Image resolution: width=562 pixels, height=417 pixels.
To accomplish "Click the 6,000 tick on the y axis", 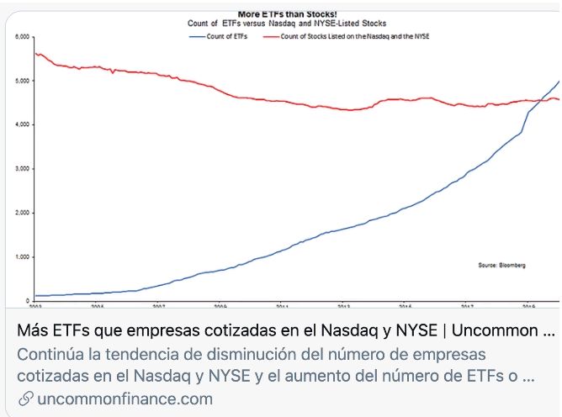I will point(22,37).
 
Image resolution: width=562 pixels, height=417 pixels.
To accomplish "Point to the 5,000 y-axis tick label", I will point(22,81).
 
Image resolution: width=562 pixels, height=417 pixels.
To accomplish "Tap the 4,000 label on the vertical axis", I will point(22,124).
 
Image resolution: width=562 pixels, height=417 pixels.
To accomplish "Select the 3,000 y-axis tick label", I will point(22,168).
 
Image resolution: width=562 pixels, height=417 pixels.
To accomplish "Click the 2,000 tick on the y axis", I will point(22,213).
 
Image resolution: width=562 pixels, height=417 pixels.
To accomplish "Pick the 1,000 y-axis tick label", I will point(22,256).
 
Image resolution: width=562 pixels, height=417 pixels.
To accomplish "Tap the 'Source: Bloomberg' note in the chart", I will point(501,265).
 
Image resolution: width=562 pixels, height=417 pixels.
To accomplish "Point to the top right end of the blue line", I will point(559,81).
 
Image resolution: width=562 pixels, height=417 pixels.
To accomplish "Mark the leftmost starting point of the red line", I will point(34,53).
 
